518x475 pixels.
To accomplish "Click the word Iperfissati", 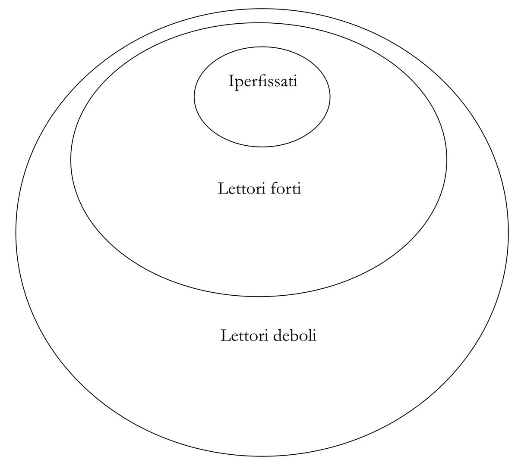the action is point(262,81).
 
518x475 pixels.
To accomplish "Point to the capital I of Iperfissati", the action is point(231,81).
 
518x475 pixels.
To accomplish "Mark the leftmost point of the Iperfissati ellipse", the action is point(194,96).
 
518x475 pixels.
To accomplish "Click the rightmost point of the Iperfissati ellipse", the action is point(330,96).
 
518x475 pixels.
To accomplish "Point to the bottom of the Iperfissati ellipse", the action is point(262,147).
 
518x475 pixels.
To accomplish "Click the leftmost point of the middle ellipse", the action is point(71,160).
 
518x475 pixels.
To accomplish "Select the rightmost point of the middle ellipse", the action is point(447,160).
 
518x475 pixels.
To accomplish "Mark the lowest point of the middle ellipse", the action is point(259,297).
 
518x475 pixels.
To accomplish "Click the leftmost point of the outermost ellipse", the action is point(16,233).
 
